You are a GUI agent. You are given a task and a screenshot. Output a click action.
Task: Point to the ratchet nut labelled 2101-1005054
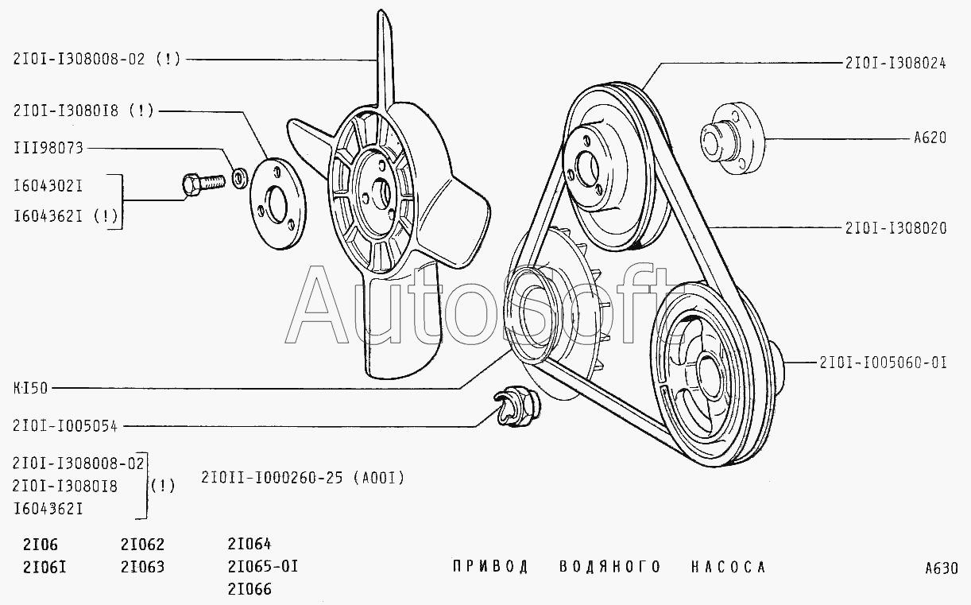coord(516,405)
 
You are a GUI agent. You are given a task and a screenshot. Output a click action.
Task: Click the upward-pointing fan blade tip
coord(382,32)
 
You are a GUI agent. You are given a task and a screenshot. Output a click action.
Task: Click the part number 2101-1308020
coord(895,227)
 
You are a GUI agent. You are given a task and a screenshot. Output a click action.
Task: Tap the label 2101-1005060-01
coord(883,363)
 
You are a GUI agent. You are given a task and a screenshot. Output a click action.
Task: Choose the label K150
coord(30,388)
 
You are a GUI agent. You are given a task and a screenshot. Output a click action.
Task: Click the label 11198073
coord(48,148)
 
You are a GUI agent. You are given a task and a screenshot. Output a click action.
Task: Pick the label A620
coord(929,138)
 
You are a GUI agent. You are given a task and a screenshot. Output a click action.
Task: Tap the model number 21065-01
coord(262,567)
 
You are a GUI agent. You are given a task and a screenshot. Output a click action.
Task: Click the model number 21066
coord(249,589)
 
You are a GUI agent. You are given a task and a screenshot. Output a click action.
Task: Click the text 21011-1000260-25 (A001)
coord(304,478)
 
